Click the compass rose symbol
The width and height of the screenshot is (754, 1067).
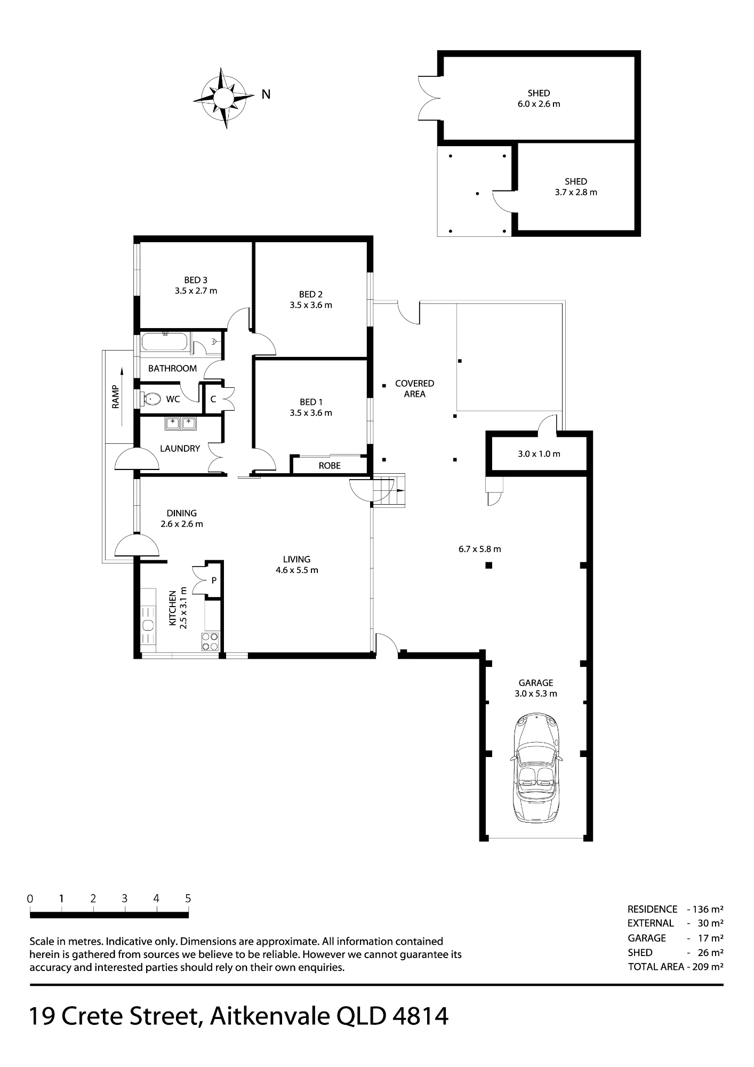click(224, 98)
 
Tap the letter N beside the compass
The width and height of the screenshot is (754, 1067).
click(266, 94)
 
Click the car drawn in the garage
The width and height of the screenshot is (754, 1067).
click(536, 767)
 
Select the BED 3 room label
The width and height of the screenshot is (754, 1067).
click(196, 285)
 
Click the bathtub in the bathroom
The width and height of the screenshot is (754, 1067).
click(164, 342)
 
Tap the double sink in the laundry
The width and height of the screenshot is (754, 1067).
click(180, 424)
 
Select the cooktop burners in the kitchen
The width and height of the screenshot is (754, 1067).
click(210, 641)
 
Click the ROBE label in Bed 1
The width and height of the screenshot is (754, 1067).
click(330, 466)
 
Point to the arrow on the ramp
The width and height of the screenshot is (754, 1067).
click(122, 396)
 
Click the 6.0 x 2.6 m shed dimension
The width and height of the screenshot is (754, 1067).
click(539, 104)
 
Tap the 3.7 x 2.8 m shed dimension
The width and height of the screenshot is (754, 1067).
click(576, 193)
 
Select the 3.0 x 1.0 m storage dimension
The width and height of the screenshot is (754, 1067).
click(539, 455)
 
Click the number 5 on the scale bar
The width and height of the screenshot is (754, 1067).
click(188, 898)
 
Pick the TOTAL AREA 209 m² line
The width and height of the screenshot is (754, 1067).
click(676, 967)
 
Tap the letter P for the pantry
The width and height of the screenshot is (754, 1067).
click(214, 580)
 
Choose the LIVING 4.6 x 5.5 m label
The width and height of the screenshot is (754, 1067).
click(296, 564)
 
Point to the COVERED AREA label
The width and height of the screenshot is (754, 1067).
click(414, 388)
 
